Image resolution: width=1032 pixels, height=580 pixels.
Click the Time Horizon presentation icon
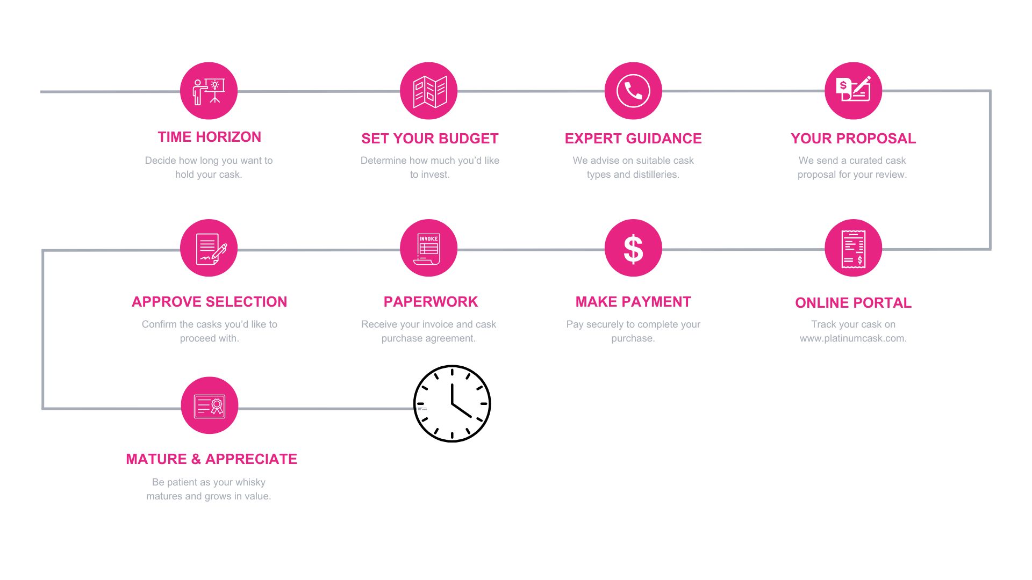(209, 91)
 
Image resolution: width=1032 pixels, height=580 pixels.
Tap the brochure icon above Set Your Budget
(429, 91)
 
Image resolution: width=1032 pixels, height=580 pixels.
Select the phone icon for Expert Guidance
(633, 91)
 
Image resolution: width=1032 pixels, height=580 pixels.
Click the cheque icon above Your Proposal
(854, 91)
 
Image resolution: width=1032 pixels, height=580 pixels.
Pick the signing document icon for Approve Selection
(209, 248)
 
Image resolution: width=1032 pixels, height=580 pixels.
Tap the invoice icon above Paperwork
(429, 248)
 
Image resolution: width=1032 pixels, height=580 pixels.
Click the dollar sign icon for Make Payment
(633, 248)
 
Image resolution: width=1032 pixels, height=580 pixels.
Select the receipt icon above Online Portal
(854, 248)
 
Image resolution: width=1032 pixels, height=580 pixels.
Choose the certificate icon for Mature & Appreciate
(210, 405)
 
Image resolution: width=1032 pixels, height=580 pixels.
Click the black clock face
(452, 404)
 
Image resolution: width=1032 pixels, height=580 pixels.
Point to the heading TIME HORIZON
(210, 137)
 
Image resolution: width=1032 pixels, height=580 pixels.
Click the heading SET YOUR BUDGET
(430, 139)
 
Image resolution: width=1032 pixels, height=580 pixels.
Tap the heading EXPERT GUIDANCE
(633, 139)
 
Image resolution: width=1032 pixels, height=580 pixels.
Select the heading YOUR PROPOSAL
(854, 139)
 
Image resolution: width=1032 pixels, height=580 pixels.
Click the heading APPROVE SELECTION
(210, 302)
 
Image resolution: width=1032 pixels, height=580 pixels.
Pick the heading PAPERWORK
(431, 302)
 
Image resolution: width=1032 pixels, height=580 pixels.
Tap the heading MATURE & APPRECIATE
(211, 459)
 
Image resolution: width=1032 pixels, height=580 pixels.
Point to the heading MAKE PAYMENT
(633, 302)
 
